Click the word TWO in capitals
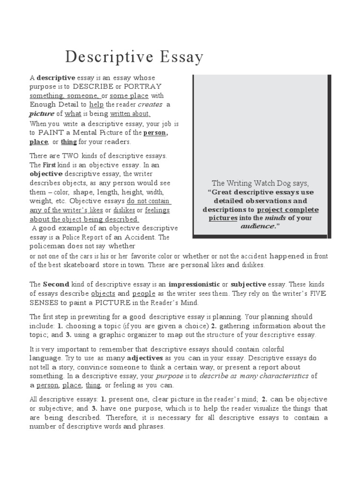point(67,156)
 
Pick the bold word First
point(49,165)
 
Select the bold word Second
point(56,284)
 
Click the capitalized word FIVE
point(316,293)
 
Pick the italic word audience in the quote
point(256,226)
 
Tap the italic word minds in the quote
point(275,218)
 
